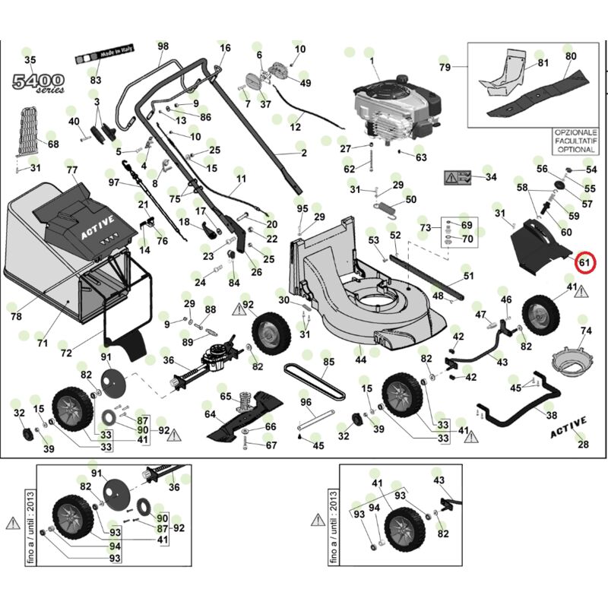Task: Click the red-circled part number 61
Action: [x=585, y=263]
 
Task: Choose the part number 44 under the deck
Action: [x=360, y=359]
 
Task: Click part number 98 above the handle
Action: [x=163, y=46]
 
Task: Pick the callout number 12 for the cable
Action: [x=296, y=128]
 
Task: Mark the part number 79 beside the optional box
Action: [x=445, y=68]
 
